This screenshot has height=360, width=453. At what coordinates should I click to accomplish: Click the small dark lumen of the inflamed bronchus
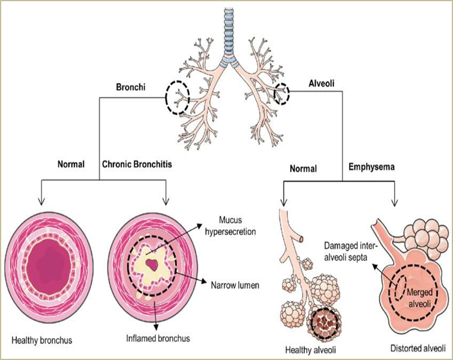[x=155, y=264]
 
